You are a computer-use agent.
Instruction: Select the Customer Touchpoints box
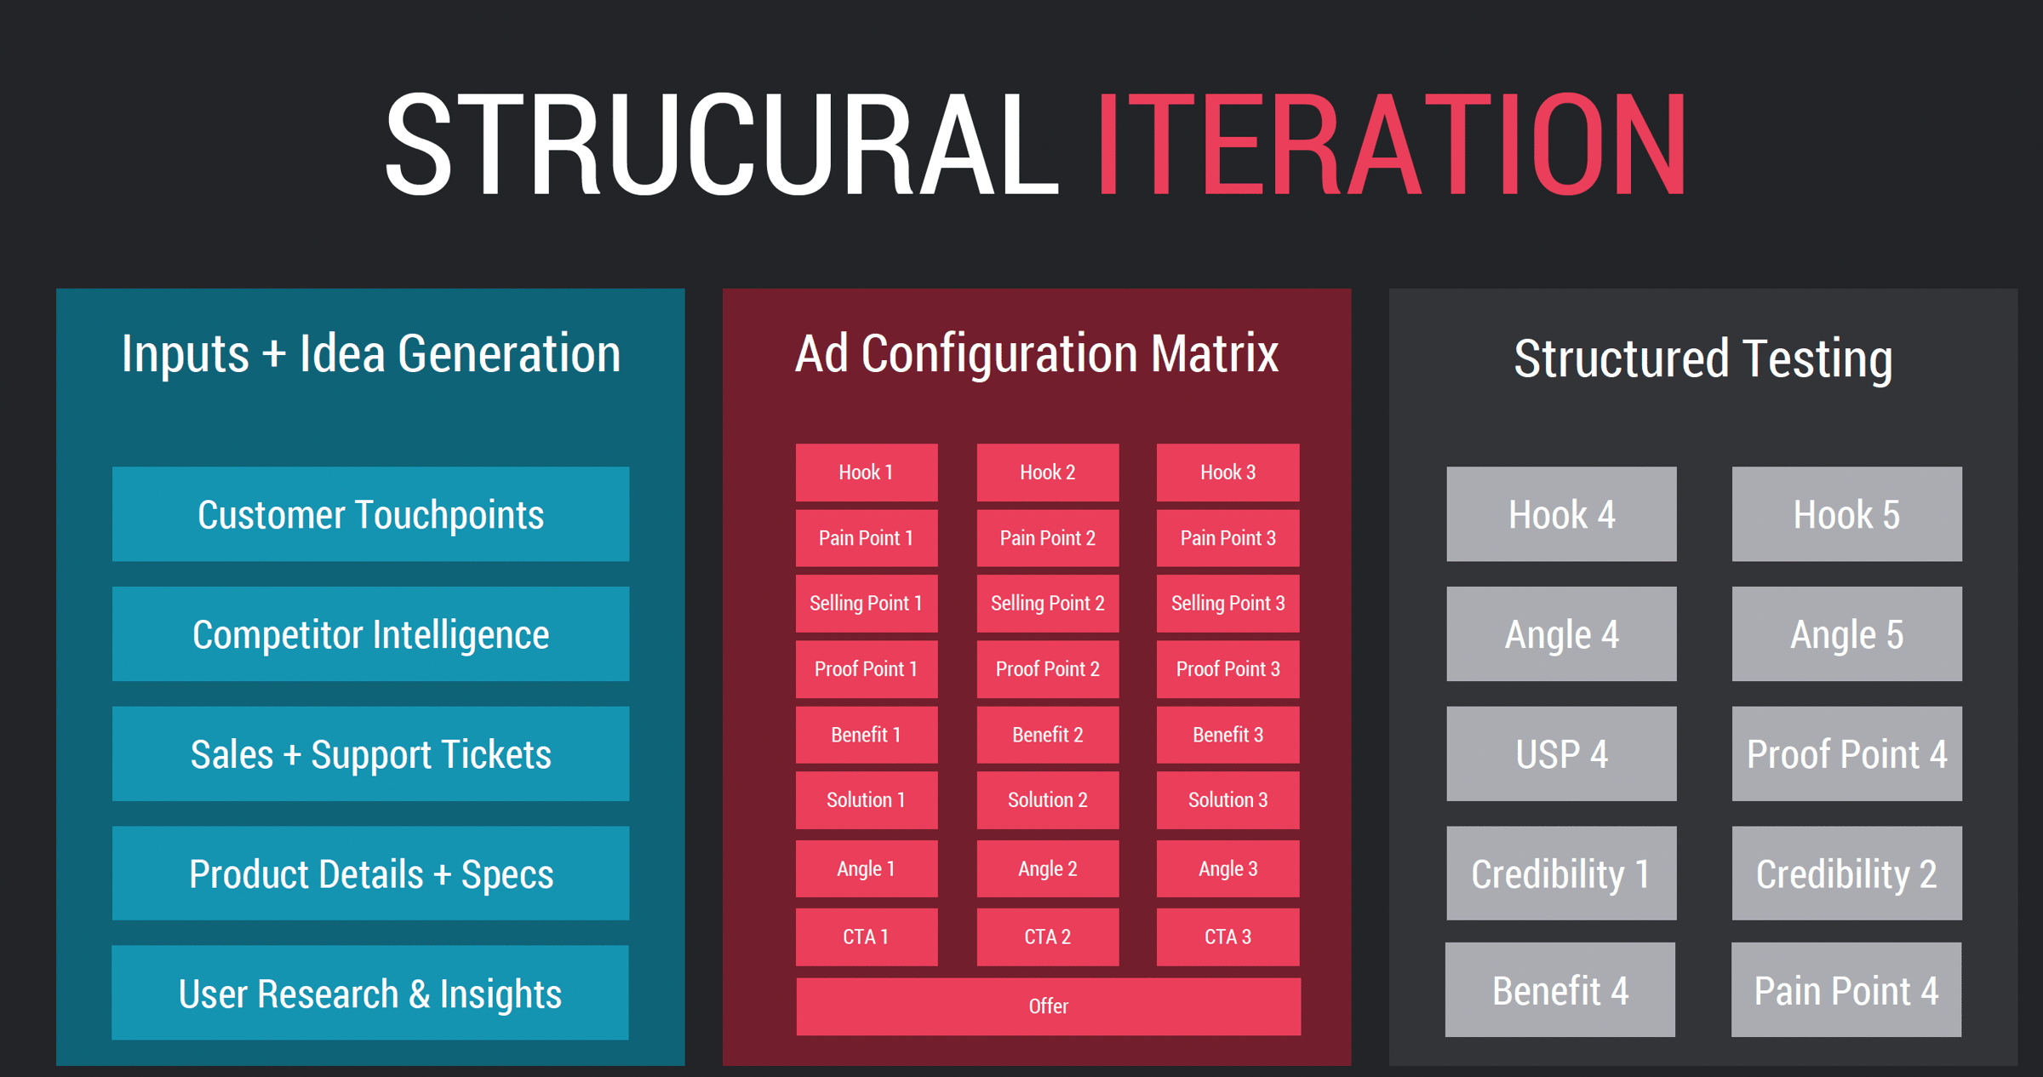pos(370,513)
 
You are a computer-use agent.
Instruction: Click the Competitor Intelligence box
pos(370,633)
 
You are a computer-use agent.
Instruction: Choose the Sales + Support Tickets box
pos(370,753)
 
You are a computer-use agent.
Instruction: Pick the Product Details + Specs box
pos(370,873)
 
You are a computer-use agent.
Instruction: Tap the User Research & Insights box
pos(370,993)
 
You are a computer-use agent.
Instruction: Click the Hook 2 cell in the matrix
pos(1048,473)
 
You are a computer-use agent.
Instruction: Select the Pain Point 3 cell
pos(1228,538)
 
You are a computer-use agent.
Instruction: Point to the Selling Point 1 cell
pos(867,604)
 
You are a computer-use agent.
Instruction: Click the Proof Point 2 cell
pos(1048,669)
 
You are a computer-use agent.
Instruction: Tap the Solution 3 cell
pos(1228,800)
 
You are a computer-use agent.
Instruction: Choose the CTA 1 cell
pos(867,937)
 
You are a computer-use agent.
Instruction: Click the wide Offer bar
pos(1048,1006)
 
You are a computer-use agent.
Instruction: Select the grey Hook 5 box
pos(1847,513)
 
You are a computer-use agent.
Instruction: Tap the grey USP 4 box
pos(1561,753)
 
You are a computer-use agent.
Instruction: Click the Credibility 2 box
pos(1847,873)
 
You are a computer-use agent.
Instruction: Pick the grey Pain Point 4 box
pos(1846,989)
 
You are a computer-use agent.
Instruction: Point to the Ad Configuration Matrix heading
pos(1037,354)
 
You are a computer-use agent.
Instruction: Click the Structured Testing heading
pos(1703,358)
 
